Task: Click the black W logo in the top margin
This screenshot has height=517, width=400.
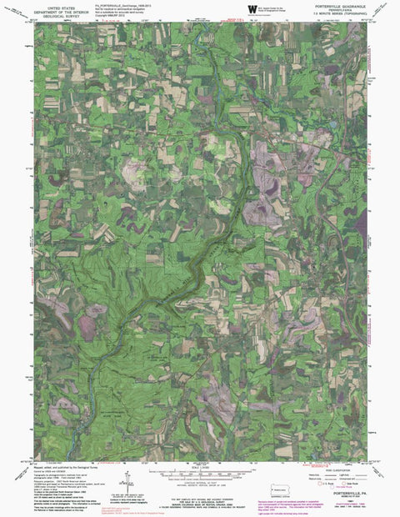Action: [252, 8]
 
